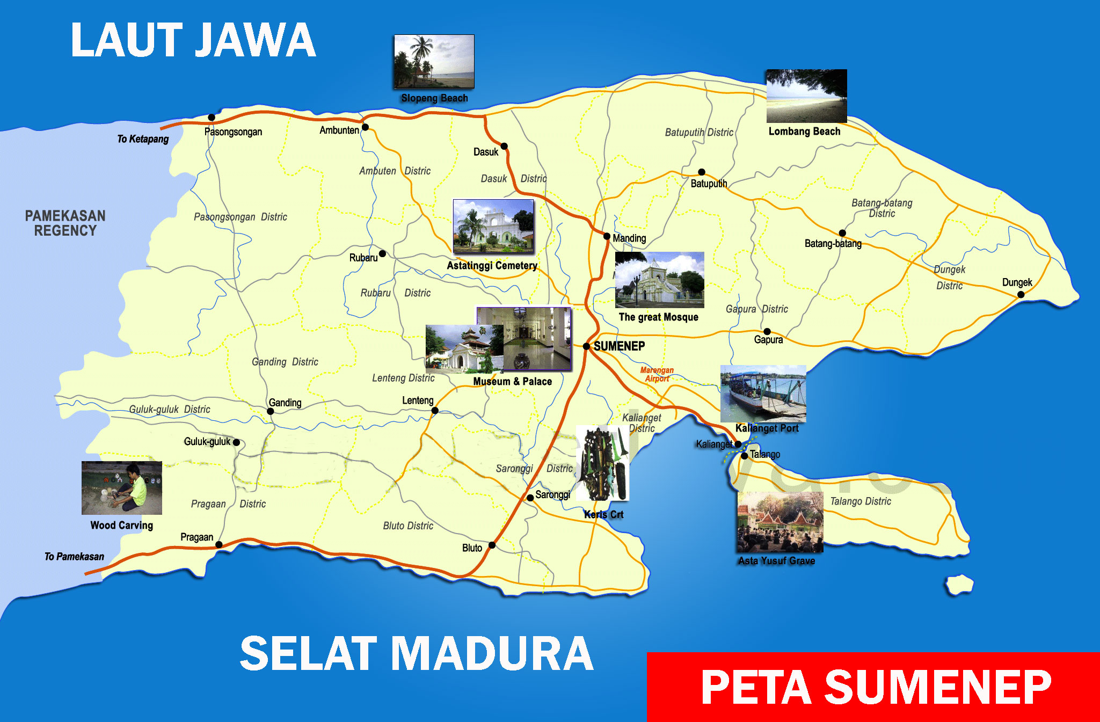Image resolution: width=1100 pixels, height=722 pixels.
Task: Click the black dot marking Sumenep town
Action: click(x=586, y=346)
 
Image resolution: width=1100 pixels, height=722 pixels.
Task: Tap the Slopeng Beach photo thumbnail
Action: click(x=434, y=61)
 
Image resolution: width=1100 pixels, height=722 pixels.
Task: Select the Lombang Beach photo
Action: click(x=806, y=96)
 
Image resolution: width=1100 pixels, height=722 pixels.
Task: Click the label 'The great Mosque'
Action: click(x=658, y=317)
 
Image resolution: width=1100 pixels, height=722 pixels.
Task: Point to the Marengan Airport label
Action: click(x=657, y=374)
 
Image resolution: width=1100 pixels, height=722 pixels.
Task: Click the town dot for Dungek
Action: click(x=1021, y=294)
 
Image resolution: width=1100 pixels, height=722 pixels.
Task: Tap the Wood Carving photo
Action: click(x=122, y=488)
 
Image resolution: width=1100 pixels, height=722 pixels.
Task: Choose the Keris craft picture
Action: click(x=602, y=463)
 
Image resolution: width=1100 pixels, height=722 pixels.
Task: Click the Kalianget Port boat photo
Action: click(x=763, y=393)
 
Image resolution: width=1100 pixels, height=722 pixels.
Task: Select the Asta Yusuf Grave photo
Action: click(x=780, y=522)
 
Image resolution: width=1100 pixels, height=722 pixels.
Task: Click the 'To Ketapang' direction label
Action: click(x=143, y=139)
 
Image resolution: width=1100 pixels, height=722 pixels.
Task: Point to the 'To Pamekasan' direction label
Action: click(x=74, y=557)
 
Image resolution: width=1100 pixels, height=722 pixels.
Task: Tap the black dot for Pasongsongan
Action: click(x=212, y=118)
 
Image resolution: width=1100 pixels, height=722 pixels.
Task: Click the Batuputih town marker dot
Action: click(x=701, y=172)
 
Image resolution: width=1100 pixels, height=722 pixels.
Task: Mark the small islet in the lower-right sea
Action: click(x=959, y=584)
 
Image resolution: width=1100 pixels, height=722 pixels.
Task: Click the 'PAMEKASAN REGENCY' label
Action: click(x=65, y=223)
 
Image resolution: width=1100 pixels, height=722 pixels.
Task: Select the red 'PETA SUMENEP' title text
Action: click(x=876, y=688)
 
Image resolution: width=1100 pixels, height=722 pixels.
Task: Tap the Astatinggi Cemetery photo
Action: click(x=493, y=226)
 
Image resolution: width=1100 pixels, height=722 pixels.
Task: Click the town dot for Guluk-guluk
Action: click(x=236, y=442)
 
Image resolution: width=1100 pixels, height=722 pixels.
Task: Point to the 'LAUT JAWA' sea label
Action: click(x=193, y=40)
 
